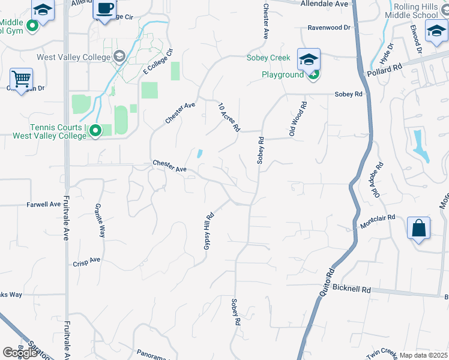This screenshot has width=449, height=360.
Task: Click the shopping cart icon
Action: click(21, 79)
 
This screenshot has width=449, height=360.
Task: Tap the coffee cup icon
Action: click(105, 9)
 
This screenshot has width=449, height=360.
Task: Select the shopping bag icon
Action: click(418, 228)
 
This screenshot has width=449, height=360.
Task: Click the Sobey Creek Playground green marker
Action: click(313, 75)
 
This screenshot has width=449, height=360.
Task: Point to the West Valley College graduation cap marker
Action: click(120, 57)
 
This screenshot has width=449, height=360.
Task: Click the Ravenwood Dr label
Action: click(328, 28)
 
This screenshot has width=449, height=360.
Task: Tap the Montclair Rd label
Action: click(378, 221)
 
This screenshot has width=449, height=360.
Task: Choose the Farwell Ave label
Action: click(44, 204)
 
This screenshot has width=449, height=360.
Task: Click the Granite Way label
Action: click(100, 220)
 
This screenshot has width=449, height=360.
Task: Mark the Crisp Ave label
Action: click(86, 262)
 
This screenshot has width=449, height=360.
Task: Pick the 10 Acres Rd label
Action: click(229, 116)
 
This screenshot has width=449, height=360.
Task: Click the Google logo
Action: click(20, 353)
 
